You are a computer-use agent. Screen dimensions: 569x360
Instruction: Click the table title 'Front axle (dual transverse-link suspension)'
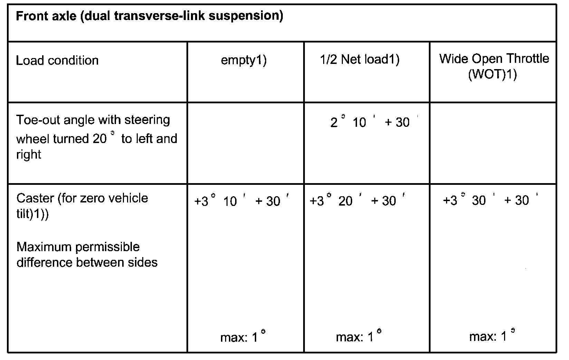(x=149, y=16)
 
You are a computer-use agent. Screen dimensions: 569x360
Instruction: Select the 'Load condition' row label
(x=57, y=60)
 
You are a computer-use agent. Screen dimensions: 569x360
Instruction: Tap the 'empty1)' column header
(x=244, y=60)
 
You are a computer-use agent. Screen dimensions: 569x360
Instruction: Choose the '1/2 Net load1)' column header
(x=359, y=60)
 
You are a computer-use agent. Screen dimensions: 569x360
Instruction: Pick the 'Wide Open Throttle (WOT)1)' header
(x=494, y=66)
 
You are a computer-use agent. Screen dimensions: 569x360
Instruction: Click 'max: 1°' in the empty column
(x=242, y=337)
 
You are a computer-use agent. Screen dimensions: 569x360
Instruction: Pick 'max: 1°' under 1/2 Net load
(x=358, y=337)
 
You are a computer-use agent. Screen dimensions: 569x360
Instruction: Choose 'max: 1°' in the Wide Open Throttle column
(x=492, y=336)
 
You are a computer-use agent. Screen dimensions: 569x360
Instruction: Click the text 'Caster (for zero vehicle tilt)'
(x=82, y=206)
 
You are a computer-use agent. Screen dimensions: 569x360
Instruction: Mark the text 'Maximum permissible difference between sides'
(x=87, y=255)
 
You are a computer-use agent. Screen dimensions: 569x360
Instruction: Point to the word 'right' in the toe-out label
(x=29, y=154)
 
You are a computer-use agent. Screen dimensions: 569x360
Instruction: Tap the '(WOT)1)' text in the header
(x=492, y=75)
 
